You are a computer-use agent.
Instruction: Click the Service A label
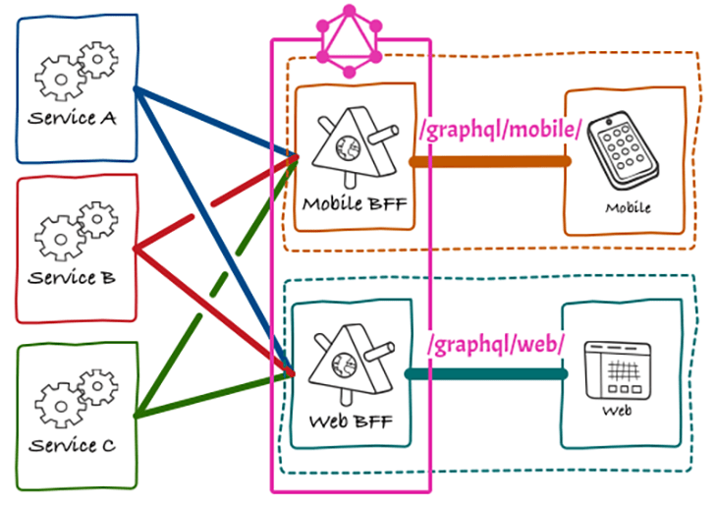(72, 119)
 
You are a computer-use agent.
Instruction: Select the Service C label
(72, 445)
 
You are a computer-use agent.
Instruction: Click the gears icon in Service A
(78, 69)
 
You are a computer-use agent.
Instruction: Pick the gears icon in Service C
(74, 397)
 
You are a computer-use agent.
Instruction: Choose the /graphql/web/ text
(496, 344)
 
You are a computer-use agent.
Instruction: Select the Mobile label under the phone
(628, 208)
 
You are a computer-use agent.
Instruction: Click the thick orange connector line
(491, 161)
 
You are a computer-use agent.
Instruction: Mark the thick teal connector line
(486, 374)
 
